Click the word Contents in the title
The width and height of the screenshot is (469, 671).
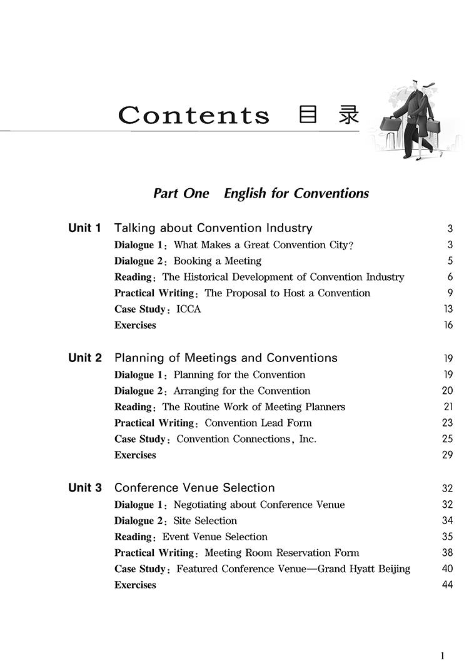coord(194,116)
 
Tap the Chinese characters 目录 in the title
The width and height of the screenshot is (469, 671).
coord(329,115)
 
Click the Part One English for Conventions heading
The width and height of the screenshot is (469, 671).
coord(261,193)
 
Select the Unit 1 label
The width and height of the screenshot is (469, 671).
coord(84,228)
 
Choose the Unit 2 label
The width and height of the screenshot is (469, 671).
coord(84,358)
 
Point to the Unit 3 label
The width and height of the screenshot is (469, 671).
coord(84,488)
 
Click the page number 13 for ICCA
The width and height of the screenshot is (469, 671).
coord(447,310)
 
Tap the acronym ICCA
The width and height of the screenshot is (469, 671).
coord(189,310)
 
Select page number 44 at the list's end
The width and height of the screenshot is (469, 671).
coord(447,585)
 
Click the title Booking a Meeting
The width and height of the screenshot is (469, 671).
coord(217,261)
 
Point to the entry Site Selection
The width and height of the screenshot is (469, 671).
coord(205,520)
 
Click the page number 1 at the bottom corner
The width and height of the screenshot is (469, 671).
coord(443,656)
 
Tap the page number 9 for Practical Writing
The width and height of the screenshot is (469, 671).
coord(450,293)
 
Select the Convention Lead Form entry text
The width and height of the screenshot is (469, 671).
coord(258,423)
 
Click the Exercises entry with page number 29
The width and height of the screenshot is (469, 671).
coord(135,455)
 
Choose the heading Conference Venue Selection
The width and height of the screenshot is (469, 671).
coord(194,488)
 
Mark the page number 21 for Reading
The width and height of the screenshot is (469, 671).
coord(447,407)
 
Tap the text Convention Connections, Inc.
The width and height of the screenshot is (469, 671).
coord(246,439)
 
